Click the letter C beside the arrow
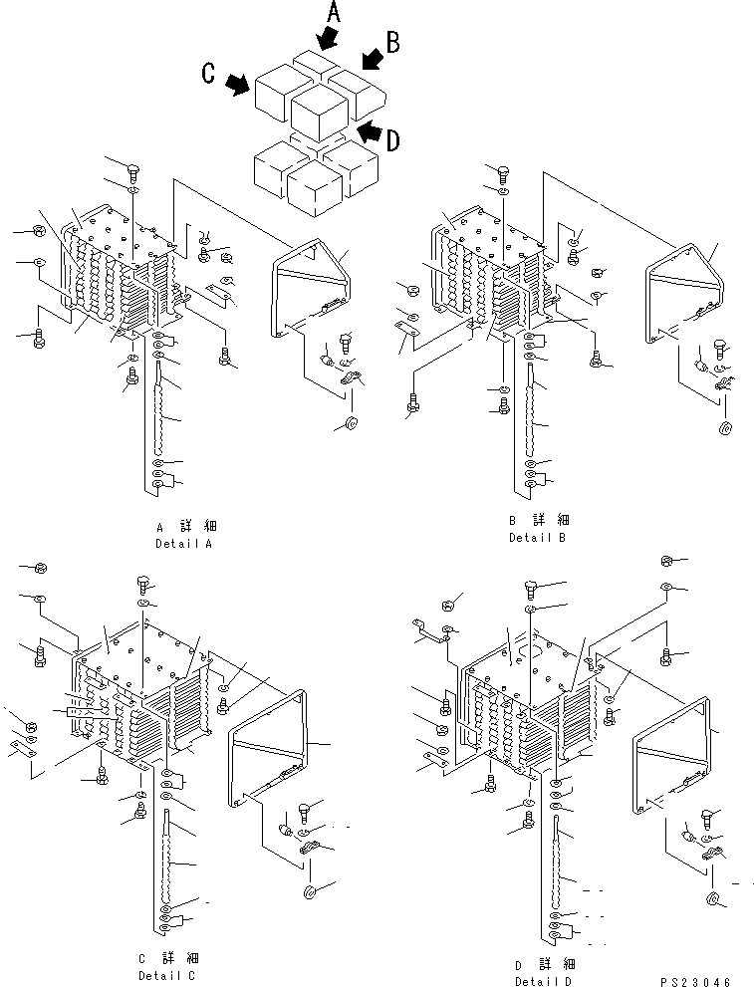pos(209,74)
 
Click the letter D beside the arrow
pos(392,140)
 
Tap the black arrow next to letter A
pos(325,38)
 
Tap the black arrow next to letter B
pos(371,61)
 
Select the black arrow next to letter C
pos(238,86)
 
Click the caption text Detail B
pos(537,538)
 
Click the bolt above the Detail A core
pos(133,171)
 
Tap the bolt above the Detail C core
pos(142,582)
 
